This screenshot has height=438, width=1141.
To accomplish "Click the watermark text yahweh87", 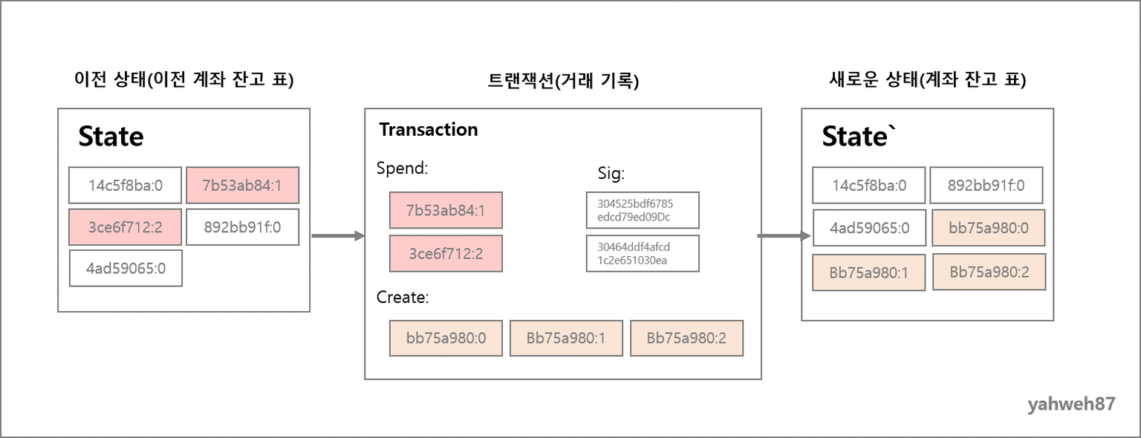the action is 1071,405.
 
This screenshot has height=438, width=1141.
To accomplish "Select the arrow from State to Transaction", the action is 338,236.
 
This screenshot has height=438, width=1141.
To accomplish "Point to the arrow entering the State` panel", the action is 784,236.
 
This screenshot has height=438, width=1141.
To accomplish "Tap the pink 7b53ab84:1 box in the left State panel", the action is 242,185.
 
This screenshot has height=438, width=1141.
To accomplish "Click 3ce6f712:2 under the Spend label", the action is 446,253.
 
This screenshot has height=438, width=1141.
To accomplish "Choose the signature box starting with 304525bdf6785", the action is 643,210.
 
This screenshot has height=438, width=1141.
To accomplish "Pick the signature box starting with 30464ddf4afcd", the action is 643,253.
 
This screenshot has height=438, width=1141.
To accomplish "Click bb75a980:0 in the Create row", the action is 446,338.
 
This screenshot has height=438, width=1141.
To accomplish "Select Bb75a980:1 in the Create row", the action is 566,338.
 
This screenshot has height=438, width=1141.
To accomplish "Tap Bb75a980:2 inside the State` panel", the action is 989,272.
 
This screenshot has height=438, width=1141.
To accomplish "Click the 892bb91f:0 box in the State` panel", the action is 986,185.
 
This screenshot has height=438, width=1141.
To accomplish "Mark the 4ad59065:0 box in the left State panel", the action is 126,268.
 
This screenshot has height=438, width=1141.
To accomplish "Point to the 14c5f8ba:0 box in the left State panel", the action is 126,185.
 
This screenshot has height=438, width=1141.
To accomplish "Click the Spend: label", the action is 402,168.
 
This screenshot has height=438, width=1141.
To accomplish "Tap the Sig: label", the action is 611,173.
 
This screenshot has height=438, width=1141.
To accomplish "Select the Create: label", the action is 403,297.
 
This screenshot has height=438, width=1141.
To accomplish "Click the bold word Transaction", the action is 429,129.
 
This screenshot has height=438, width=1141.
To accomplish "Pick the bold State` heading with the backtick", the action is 859,137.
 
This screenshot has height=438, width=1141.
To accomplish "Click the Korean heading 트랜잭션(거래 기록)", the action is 563,80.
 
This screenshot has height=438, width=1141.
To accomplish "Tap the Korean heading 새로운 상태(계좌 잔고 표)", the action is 928,79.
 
